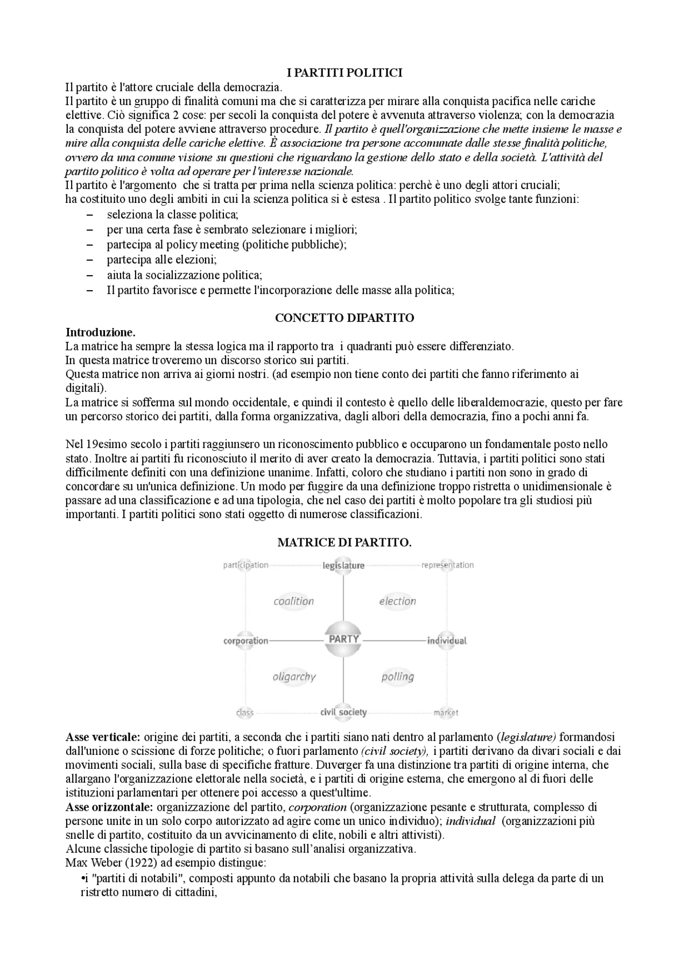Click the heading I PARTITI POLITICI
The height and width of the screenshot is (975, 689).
344,73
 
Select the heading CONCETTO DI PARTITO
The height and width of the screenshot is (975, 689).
344,318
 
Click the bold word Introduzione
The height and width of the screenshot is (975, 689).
101,332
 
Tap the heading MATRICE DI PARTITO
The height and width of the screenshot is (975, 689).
344,543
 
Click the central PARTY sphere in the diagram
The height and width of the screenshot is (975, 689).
343,639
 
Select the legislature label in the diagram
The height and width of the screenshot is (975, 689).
343,565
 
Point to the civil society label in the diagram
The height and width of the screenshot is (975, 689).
343,712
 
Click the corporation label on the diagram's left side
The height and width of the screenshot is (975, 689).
245,641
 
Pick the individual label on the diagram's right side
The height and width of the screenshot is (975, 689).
447,641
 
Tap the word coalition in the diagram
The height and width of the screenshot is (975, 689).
293,601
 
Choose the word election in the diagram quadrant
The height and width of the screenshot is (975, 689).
397,601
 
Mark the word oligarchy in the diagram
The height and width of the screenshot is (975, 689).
294,677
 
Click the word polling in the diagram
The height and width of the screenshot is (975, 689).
397,677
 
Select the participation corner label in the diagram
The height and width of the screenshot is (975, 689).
245,565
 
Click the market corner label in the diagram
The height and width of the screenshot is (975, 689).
446,713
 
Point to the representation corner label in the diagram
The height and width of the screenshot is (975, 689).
447,565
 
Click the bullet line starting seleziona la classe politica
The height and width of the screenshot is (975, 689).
172,215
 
